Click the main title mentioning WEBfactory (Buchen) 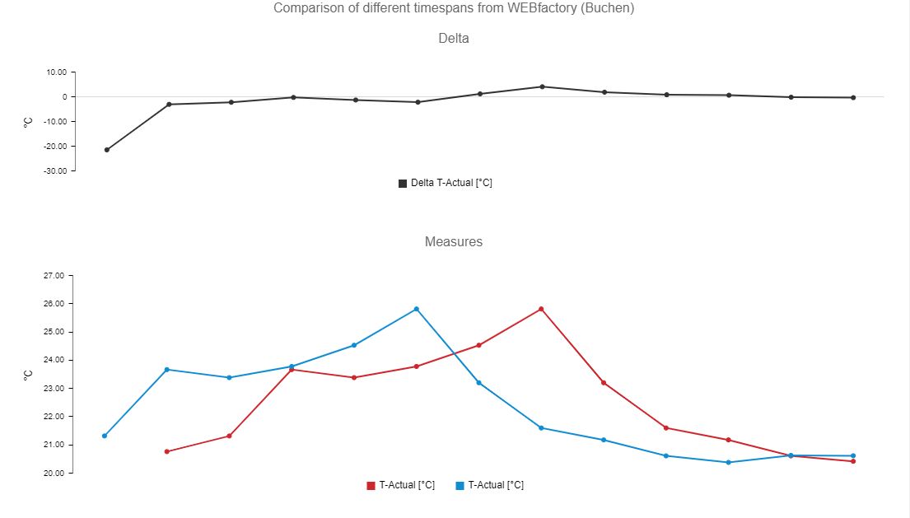click(x=454, y=8)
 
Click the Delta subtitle click(x=454, y=38)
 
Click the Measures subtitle click(x=454, y=242)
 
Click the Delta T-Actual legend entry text click(x=451, y=183)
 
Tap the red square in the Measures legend click(x=371, y=486)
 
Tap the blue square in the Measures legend click(x=460, y=486)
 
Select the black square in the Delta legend click(x=403, y=184)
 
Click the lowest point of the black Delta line click(x=107, y=150)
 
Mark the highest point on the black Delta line click(x=542, y=86)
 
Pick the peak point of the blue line click(x=417, y=309)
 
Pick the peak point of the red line click(x=541, y=309)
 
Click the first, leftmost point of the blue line click(x=105, y=436)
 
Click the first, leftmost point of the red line click(x=167, y=451)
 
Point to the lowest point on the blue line click(x=728, y=462)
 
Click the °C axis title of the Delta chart click(x=28, y=122)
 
